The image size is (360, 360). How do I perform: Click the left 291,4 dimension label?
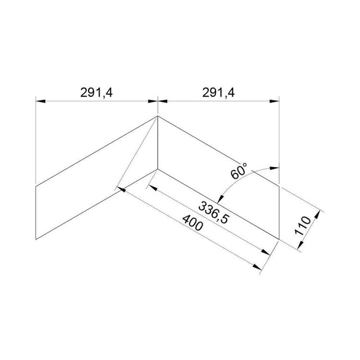point(96,93)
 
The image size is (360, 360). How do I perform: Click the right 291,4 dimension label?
point(218,93)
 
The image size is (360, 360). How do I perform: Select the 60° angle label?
point(239,171)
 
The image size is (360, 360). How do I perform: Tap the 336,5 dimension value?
point(214,212)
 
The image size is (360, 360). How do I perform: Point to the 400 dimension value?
point(193,223)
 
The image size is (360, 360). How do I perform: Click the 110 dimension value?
point(303,226)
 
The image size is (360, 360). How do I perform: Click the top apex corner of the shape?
point(157,116)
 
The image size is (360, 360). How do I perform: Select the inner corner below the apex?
point(157,169)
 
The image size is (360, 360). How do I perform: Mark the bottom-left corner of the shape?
point(36,240)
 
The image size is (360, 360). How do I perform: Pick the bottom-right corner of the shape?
point(279,240)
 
